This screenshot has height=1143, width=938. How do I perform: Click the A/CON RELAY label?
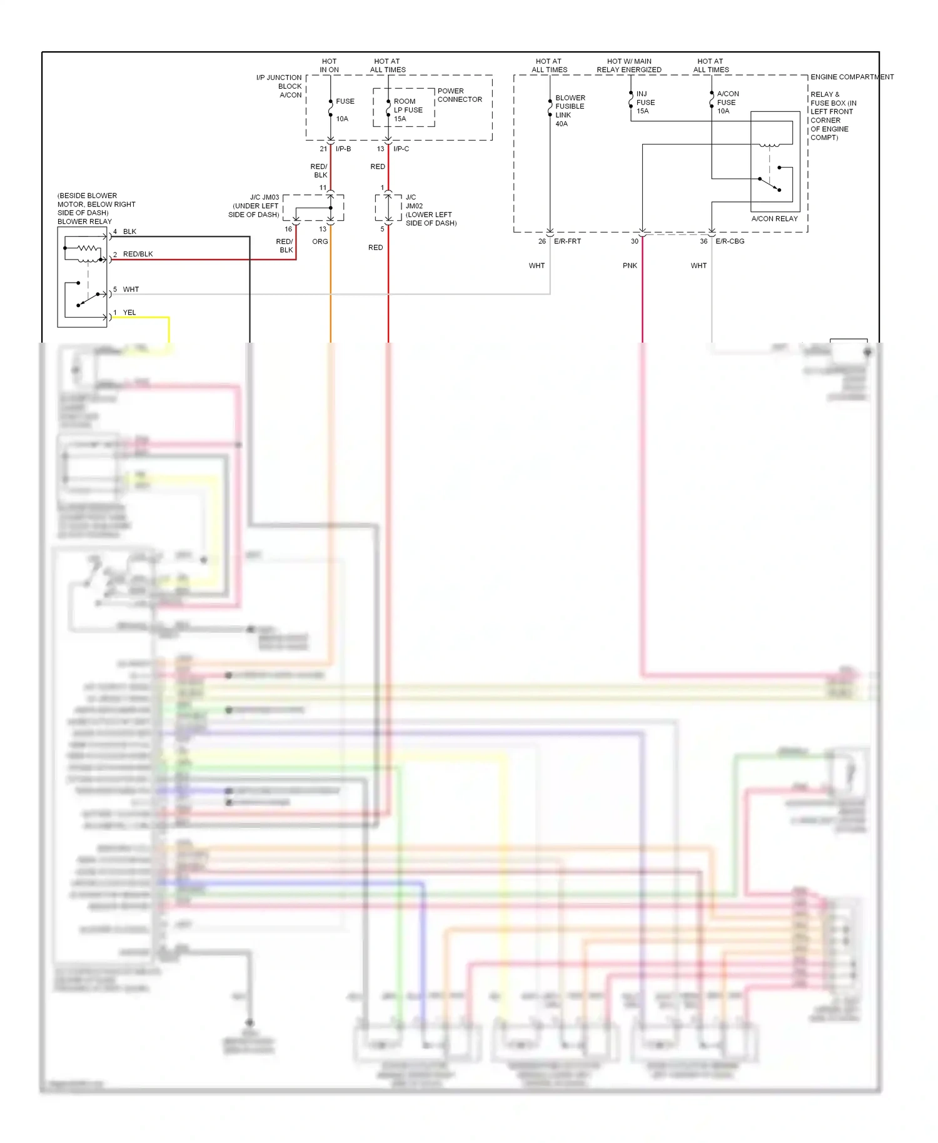point(774,219)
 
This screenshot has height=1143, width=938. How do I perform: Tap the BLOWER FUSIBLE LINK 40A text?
point(570,111)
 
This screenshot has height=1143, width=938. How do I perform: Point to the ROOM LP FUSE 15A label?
point(408,110)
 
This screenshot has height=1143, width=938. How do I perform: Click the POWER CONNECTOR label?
point(460,95)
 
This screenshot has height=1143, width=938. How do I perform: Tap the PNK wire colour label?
point(630,266)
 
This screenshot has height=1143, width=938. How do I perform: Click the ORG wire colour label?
point(320,241)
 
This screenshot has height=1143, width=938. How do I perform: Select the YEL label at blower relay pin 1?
point(129,313)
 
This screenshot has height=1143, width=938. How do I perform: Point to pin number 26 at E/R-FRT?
point(542,241)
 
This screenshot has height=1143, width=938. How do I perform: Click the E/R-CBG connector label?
point(730,241)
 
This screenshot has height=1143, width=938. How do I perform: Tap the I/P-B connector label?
point(343,149)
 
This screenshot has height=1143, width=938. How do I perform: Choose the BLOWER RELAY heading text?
point(84,221)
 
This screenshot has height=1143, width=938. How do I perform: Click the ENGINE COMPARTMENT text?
point(852,77)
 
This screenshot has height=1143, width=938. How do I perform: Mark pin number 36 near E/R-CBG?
point(703,241)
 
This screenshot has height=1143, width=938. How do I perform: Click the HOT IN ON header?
point(329,66)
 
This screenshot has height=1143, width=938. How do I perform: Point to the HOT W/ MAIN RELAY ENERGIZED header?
point(628,66)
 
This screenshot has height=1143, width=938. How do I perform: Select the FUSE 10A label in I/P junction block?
point(345,109)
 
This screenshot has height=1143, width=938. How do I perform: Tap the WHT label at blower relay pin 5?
point(131,290)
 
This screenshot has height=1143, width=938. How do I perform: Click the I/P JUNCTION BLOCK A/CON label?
point(280,86)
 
